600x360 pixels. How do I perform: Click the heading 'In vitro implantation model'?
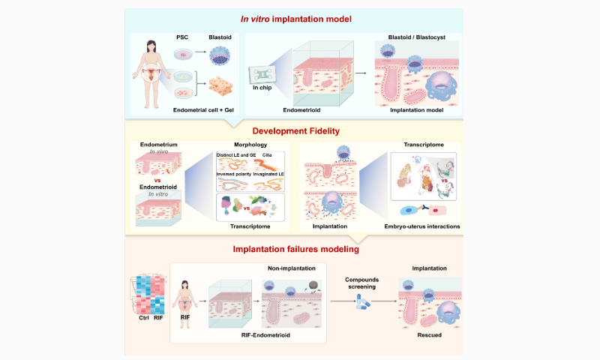[299, 19]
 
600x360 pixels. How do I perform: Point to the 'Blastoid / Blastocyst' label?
[416, 36]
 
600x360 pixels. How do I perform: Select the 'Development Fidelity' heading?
[299, 130]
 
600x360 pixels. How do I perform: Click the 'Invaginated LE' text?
[269, 175]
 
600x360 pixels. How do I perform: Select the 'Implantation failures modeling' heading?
[299, 249]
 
